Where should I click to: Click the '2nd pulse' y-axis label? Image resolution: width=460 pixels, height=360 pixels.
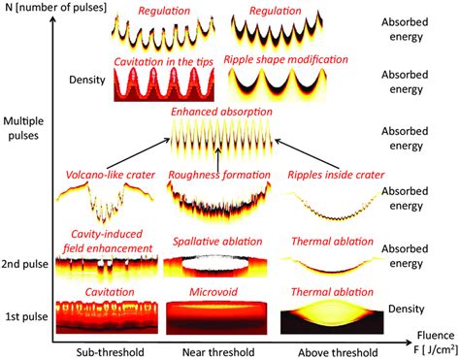(27, 263)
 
